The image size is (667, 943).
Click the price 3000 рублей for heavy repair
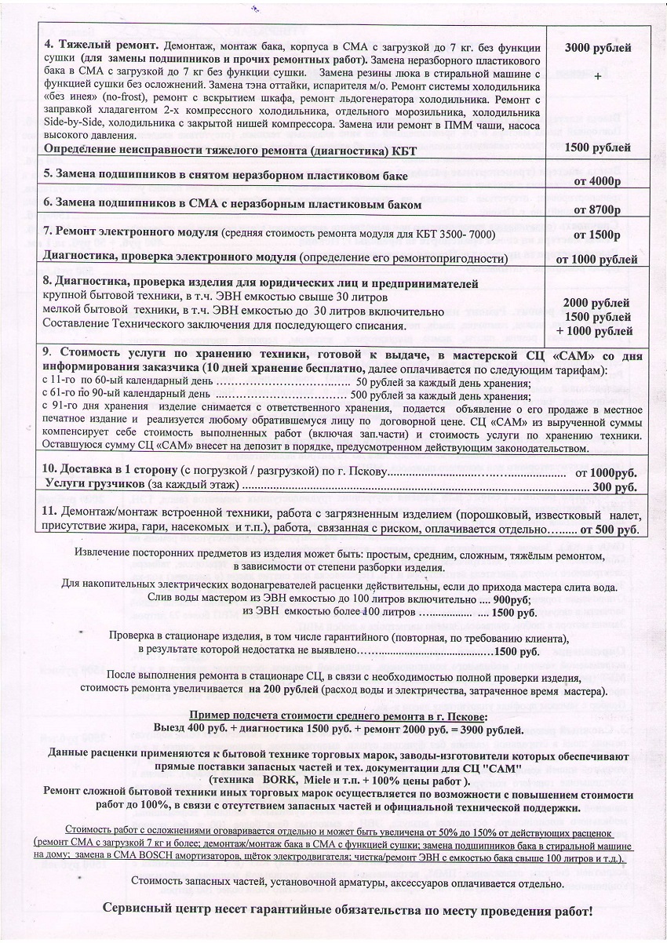point(598,48)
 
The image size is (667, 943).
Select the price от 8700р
point(597,209)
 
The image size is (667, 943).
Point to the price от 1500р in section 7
point(598,234)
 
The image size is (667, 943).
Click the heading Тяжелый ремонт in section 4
point(102,41)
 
